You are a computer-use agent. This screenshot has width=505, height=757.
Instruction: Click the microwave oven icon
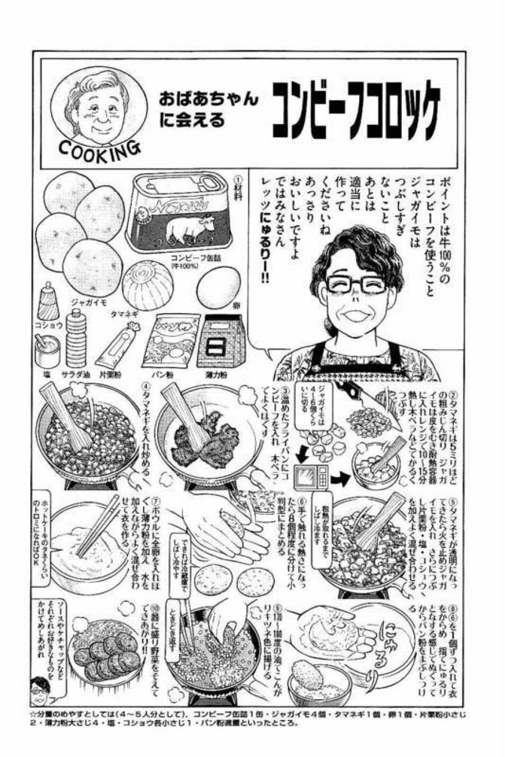coord(309,477)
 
